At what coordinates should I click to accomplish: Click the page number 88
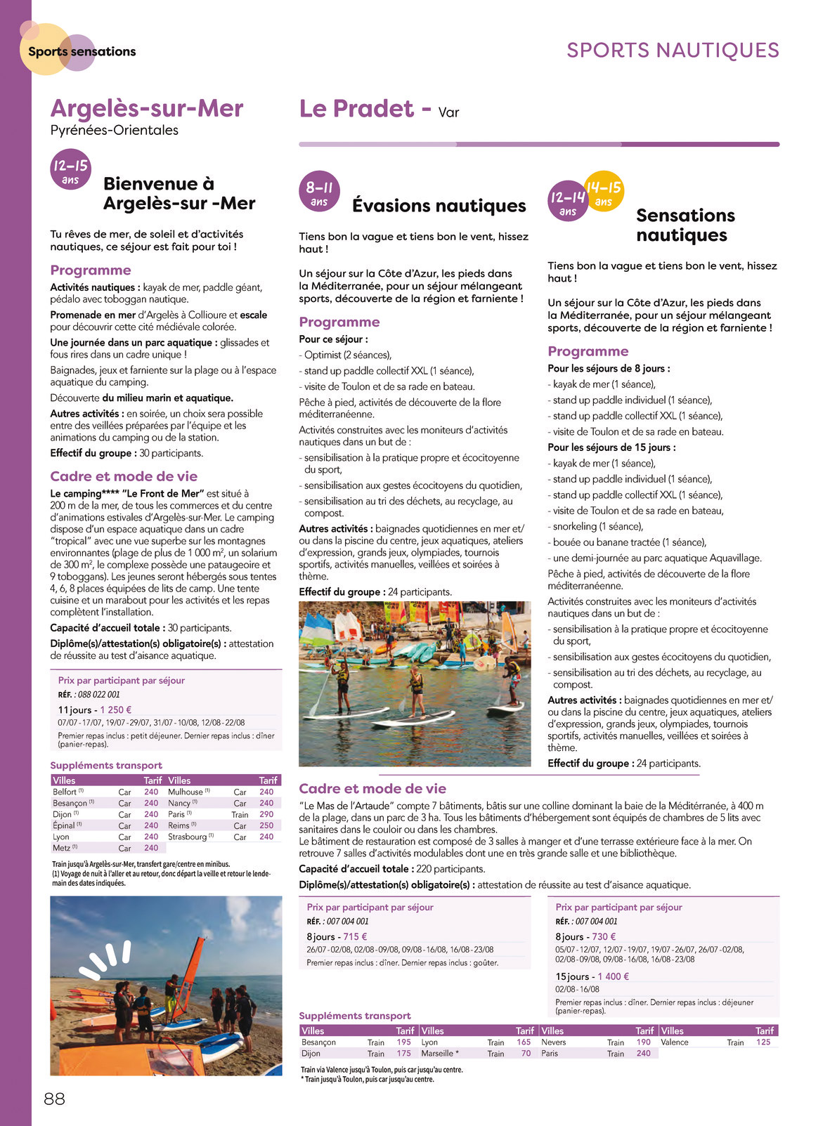click(x=54, y=1099)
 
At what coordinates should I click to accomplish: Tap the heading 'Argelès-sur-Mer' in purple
click(x=146, y=109)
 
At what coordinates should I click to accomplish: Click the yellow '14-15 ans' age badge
click(x=604, y=192)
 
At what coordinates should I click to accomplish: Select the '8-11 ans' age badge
click(x=319, y=192)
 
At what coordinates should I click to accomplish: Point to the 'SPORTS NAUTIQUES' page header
click(x=673, y=51)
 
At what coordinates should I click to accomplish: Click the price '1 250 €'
click(x=116, y=709)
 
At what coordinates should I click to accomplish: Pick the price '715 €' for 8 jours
click(x=355, y=936)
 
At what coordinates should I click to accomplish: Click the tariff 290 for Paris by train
click(x=266, y=814)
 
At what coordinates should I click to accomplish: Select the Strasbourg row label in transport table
click(x=187, y=837)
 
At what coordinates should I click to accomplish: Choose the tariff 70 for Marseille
click(x=526, y=1053)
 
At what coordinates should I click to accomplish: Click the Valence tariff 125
click(x=763, y=1042)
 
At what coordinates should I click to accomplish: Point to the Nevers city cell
click(x=554, y=1042)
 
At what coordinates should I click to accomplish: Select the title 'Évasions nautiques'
click(x=439, y=206)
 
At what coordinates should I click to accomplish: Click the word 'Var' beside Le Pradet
click(x=448, y=112)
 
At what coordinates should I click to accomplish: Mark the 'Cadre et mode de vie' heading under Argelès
click(x=124, y=476)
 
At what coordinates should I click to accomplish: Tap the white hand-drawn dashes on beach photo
click(x=105, y=959)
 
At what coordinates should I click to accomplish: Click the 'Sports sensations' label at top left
click(x=82, y=51)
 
